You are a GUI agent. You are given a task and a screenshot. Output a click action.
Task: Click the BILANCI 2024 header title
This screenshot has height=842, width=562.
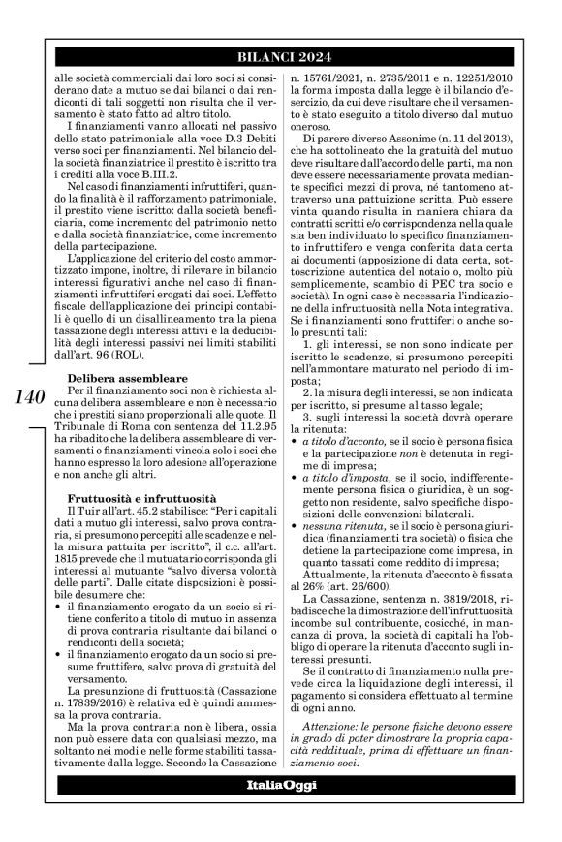280,59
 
